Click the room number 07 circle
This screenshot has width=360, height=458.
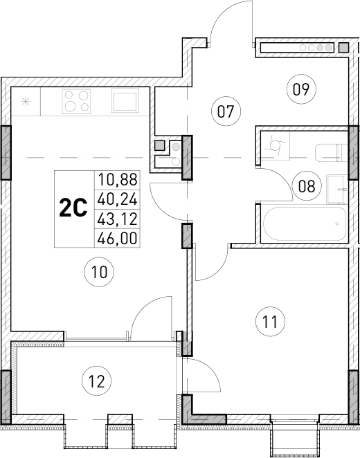tap(224, 110)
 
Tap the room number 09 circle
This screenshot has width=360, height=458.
tap(300, 89)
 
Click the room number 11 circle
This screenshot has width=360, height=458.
tap(270, 321)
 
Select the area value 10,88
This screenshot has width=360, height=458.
tap(118, 180)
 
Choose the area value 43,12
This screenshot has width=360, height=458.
tap(118, 219)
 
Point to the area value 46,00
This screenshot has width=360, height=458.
tap(118, 239)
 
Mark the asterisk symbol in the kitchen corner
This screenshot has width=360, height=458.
tap(26, 102)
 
